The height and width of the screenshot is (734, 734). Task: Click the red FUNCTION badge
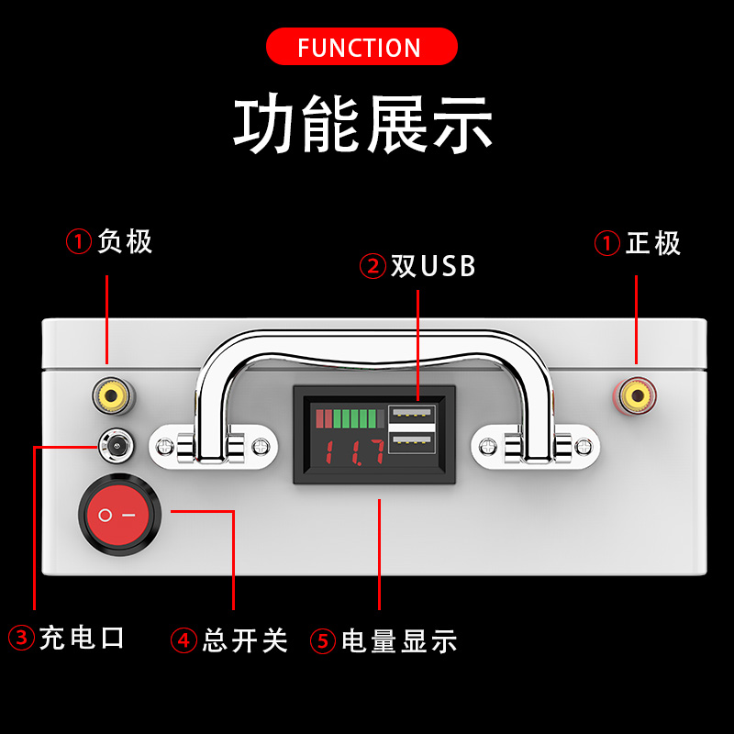point(361,47)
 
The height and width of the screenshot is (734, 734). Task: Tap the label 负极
point(125,242)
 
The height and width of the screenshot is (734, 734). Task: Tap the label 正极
point(653,243)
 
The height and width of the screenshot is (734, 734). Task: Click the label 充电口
point(81,639)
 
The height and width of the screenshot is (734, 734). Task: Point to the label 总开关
point(245,639)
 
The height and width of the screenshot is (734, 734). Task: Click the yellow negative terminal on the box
point(107,396)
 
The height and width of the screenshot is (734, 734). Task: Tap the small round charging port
point(117,447)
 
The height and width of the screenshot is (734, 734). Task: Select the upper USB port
point(411,415)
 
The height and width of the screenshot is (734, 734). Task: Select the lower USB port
point(411,442)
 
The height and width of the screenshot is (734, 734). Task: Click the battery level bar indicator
point(346,419)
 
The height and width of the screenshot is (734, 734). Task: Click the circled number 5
point(323,640)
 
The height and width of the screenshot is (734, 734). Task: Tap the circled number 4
point(185,639)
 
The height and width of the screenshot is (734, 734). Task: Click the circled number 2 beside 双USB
point(373,266)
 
